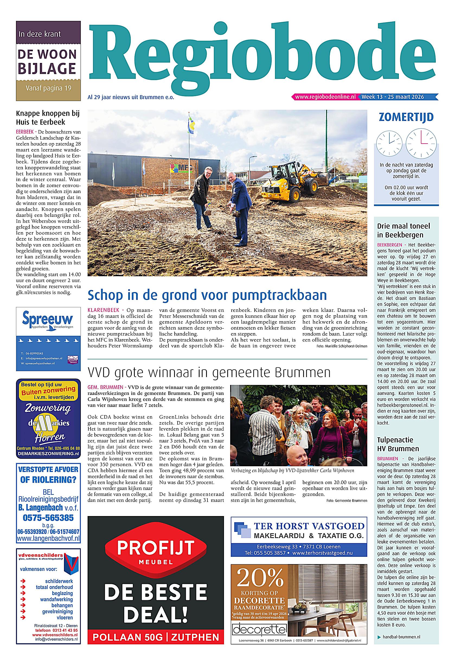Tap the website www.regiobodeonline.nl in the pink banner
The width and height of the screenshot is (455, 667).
coord(325,97)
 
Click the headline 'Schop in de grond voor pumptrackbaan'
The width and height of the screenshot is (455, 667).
coord(207,295)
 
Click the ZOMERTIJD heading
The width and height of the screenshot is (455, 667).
coord(406,117)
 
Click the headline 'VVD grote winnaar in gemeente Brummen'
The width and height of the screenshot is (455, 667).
coord(209,373)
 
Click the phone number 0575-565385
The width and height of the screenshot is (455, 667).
coord(48,518)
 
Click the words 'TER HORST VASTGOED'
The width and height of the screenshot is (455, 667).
coord(309,526)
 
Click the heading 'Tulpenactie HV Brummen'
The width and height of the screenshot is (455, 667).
coord(398,444)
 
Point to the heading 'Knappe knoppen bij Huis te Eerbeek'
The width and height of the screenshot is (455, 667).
coord(48,118)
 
